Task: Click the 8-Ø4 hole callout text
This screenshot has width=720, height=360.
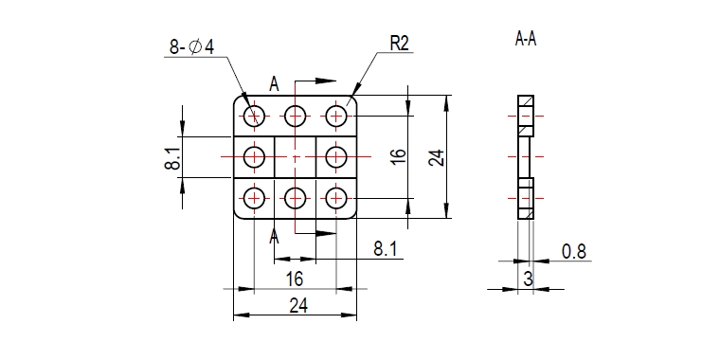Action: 192,46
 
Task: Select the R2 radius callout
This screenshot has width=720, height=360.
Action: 399,45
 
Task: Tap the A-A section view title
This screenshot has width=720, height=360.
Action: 526,40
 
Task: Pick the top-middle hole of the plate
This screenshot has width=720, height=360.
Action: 296,116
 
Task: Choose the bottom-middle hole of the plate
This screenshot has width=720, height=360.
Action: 296,198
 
